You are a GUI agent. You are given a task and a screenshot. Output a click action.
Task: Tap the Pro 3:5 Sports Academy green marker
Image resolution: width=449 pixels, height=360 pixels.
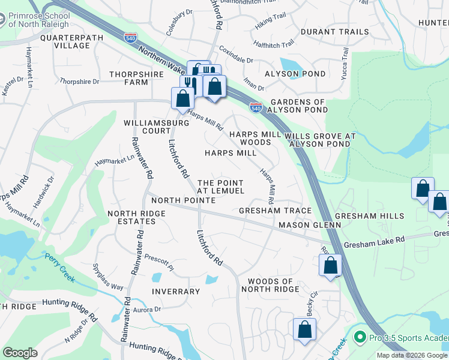point(360,338)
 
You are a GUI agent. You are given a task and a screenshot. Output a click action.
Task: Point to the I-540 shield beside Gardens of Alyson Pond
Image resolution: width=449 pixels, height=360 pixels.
point(256,108)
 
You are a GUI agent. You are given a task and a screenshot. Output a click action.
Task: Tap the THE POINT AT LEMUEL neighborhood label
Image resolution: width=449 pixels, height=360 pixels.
point(221,187)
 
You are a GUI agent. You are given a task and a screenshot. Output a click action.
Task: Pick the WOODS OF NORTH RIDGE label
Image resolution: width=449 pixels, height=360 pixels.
point(270,285)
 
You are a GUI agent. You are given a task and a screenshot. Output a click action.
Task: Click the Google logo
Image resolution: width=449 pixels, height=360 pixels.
point(20,352)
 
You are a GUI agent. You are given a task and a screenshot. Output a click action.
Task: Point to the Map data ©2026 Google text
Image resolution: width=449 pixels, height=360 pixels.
point(412,355)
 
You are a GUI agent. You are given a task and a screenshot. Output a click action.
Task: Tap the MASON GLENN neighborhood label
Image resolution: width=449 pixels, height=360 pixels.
point(309,224)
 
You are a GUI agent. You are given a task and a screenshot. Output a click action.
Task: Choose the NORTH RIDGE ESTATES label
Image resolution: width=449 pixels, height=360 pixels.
point(131,217)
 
